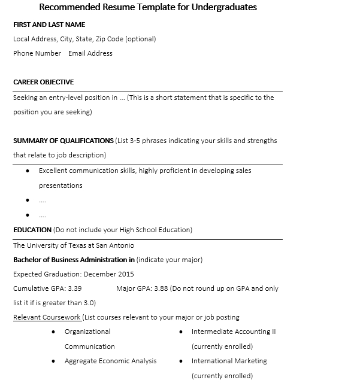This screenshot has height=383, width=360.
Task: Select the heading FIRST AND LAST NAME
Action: [49, 25]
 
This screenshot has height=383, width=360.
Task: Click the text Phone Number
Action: [37, 53]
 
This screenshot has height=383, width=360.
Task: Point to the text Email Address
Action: [90, 53]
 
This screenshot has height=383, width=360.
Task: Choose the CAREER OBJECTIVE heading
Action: [44, 82]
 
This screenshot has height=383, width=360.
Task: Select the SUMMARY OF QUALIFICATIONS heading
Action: [63, 141]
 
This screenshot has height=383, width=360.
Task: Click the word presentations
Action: [60, 186]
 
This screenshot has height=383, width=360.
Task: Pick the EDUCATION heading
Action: [32, 230]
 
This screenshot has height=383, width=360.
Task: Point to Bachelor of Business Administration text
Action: [71, 260]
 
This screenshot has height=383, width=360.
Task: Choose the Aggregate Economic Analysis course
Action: [110, 361]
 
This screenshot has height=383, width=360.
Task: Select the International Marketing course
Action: [229, 361]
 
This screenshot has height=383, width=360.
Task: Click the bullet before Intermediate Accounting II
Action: [181, 332]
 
